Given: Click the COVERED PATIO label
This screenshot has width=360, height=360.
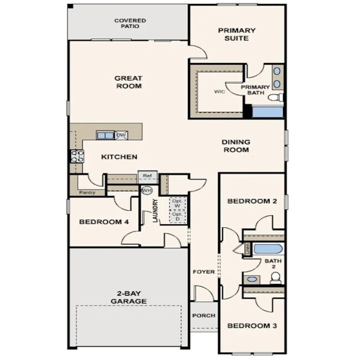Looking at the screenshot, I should [x=130, y=23].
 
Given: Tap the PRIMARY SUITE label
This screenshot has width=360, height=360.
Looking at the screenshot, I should [x=236, y=34].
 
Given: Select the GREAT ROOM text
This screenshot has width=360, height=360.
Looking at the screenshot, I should [x=128, y=82].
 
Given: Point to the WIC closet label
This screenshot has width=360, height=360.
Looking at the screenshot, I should [x=219, y=92].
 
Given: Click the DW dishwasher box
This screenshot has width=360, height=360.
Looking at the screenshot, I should [x=120, y=135].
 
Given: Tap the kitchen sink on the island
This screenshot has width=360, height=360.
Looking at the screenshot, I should [x=104, y=135].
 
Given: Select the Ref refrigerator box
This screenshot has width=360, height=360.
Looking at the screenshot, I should [x=147, y=176].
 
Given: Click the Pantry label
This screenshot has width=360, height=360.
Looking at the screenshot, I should [x=87, y=193].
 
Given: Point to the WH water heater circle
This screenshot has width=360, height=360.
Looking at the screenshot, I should [x=147, y=190].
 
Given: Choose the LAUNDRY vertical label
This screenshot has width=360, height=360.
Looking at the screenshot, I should [x=156, y=211].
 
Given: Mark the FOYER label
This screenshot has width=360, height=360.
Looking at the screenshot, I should [x=203, y=272].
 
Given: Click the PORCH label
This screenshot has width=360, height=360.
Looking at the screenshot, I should [x=203, y=316].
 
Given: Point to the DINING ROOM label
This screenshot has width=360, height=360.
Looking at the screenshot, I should [x=235, y=146].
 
